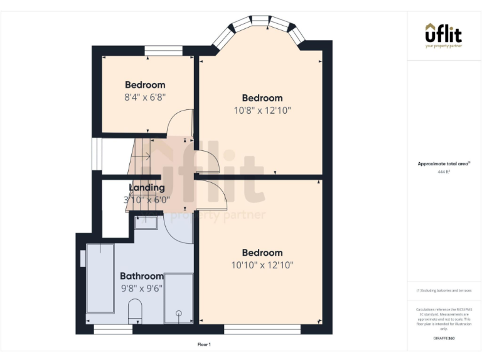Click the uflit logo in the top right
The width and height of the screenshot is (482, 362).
pos(444,35)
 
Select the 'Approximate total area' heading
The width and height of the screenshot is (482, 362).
pos(444,163)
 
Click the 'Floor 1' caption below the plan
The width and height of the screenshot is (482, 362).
pos(204,344)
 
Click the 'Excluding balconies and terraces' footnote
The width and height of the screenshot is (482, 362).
pos(444,290)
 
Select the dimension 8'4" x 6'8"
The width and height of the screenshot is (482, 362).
pos(145,97)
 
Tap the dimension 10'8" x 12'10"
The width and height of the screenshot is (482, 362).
pos(262,110)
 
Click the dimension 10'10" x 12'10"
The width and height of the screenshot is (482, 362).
pos(262,265)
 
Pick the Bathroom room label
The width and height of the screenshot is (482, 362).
pos(142,276)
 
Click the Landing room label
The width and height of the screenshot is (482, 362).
pos(147,187)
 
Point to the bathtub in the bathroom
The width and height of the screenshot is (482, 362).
pos(99,278)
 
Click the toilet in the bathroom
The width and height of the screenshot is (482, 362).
pos(136,312)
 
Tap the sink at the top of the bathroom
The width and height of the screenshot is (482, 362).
pos(146,222)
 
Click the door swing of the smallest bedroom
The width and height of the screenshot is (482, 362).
pos(182,123)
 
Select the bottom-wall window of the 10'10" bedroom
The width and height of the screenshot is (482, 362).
pos(262,329)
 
